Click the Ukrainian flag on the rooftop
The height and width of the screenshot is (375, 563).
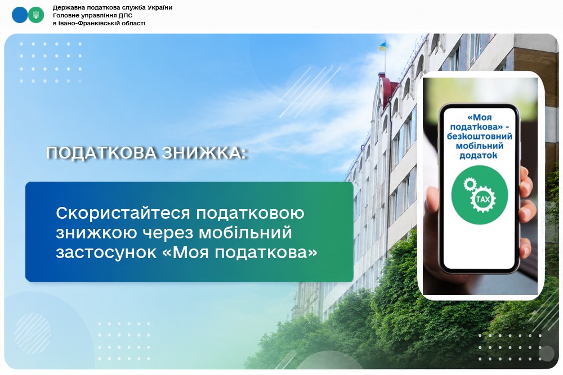point(382,46)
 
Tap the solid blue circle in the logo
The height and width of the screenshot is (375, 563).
point(20,15)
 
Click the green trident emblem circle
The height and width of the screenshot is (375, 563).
point(36,15)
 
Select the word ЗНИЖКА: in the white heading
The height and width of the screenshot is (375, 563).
point(204,153)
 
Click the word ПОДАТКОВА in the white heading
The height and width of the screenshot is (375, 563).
point(101,153)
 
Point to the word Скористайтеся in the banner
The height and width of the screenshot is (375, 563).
point(123,213)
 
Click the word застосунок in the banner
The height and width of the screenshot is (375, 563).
point(106,252)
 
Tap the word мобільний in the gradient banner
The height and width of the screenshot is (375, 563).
point(245,233)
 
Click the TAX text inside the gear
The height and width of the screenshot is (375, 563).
point(482,199)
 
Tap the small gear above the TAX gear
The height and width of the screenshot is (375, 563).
point(470,184)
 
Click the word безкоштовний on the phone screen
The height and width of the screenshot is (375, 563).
point(479,136)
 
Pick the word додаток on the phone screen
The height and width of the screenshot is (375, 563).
point(478,155)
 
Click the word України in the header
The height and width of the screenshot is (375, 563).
point(162,7)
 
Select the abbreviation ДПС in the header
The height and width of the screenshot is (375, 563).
point(126,15)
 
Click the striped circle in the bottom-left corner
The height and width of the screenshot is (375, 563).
point(33,333)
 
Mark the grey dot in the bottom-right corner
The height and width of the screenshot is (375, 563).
point(546,354)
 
